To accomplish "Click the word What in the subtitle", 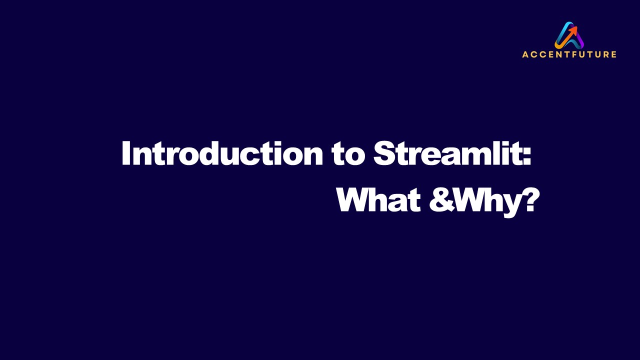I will coord(378,200).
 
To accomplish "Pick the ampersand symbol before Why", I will coord(440,200).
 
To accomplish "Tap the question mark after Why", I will coord(530,200).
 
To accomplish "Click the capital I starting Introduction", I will coord(126,153).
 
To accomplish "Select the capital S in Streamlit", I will coord(384,153).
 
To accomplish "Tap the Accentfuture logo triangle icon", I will coord(569,35).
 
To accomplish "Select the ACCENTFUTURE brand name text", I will coord(569,54).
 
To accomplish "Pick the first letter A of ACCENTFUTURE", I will coord(525,54).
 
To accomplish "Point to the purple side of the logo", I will coord(578,40).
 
